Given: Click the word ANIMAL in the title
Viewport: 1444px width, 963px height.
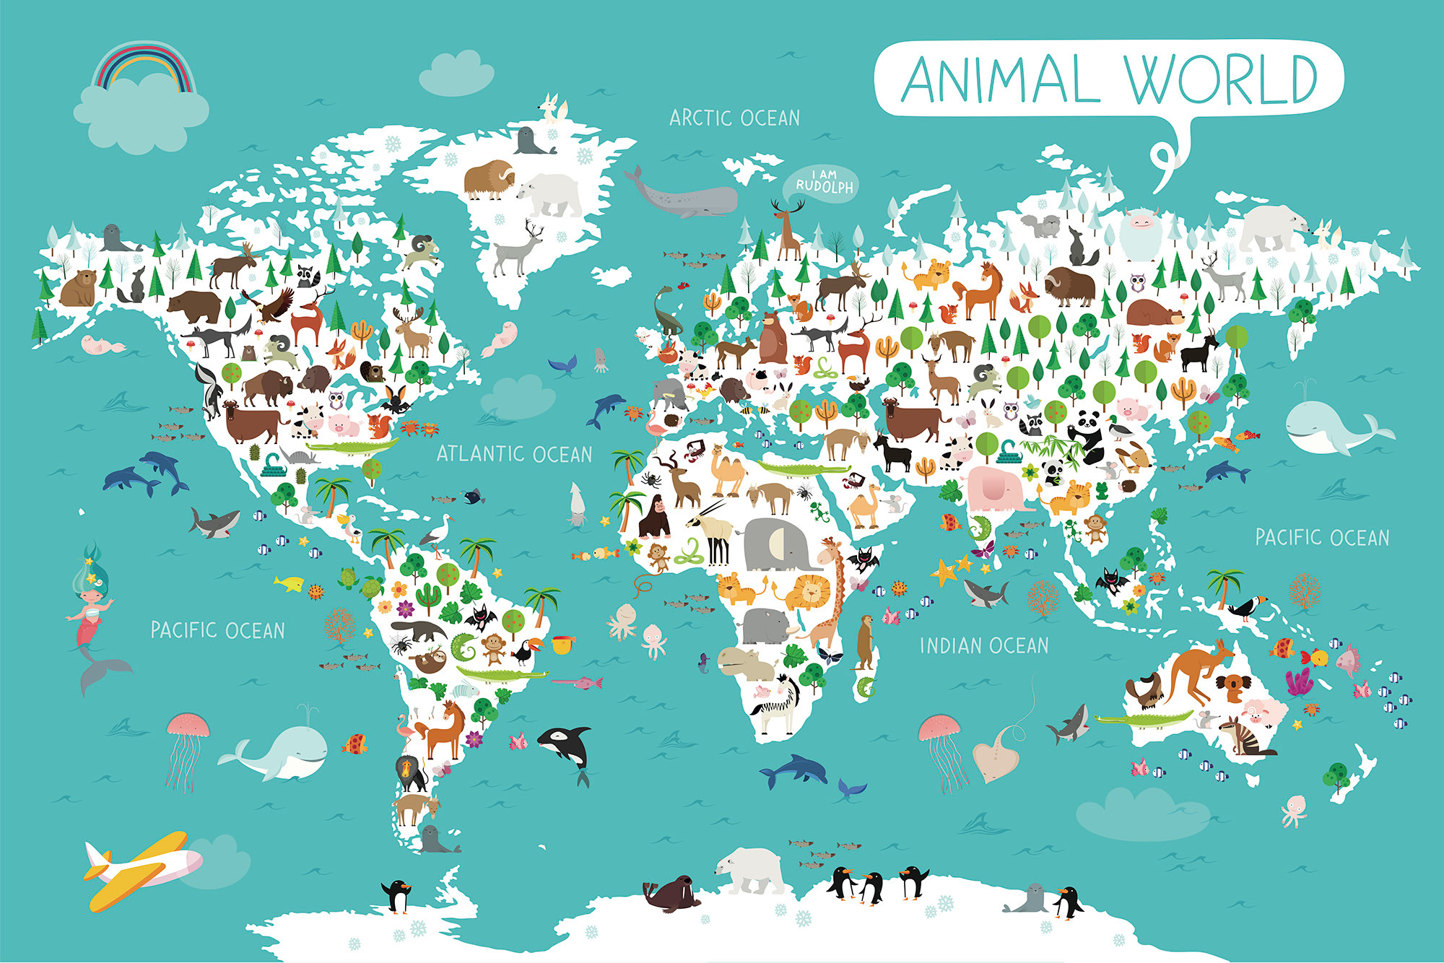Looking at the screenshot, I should click(x=1000, y=79).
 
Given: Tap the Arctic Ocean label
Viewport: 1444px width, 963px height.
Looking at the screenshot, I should click(x=734, y=118).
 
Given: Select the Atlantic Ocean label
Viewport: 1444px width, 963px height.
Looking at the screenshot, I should click(x=514, y=454).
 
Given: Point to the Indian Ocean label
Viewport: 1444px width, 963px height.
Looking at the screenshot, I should click(x=984, y=645).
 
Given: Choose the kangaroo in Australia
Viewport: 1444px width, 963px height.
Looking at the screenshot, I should click(x=1199, y=671).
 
